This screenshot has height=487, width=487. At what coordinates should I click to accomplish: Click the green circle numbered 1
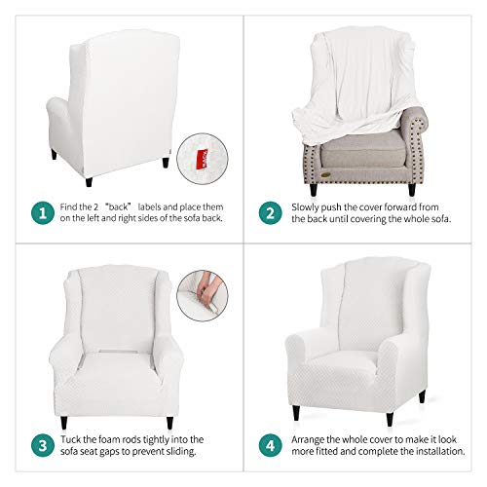tap(43, 213)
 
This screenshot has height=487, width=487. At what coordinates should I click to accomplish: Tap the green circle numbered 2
tap(271, 213)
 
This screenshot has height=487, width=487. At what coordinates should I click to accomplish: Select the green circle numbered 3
tap(43, 445)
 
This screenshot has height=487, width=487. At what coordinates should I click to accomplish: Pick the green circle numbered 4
tap(271, 445)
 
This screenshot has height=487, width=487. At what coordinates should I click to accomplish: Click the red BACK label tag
tap(203, 159)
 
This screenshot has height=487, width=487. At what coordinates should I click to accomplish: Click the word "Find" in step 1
tap(67, 206)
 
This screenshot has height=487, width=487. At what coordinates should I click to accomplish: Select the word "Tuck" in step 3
tap(70, 439)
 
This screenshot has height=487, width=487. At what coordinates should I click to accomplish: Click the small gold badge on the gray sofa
tap(325, 175)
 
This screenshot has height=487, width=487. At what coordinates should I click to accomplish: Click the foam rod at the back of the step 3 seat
tap(115, 352)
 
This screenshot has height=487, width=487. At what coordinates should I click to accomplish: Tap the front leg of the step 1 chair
tap(89, 182)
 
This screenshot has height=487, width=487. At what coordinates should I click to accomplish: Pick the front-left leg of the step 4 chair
tap(296, 413)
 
